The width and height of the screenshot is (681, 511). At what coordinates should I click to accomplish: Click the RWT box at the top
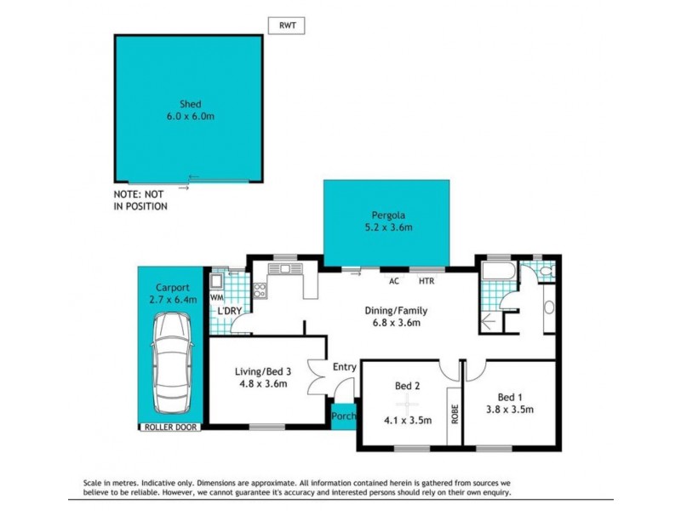click(287, 26)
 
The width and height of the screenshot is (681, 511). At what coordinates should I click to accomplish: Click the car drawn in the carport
click(173, 361)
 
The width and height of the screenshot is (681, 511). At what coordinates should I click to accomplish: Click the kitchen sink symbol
click(285, 270)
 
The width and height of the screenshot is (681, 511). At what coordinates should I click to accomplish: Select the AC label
click(394, 280)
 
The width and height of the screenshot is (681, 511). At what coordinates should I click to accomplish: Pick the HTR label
click(426, 280)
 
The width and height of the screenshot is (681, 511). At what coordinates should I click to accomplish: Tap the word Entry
click(345, 367)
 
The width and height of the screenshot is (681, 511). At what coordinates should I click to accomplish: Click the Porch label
click(344, 416)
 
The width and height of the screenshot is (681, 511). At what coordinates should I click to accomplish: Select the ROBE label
click(455, 414)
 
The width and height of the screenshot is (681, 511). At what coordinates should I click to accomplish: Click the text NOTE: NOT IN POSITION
click(141, 200)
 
